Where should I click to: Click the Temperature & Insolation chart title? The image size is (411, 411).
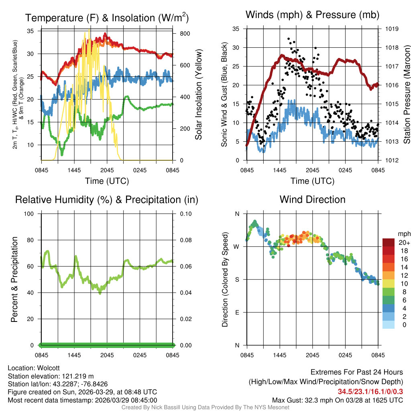(107, 18)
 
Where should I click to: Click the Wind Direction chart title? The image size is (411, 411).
(312, 199)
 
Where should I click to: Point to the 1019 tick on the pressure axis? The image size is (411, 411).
(391, 29)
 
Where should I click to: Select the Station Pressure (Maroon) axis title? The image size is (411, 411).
(407, 94)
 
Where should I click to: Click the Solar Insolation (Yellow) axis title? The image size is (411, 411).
(198, 94)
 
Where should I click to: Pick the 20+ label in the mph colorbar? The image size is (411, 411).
(404, 242)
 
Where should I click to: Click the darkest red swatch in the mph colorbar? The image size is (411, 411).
(388, 242)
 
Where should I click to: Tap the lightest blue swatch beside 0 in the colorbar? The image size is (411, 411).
(388, 325)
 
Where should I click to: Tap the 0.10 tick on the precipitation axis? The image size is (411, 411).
(185, 214)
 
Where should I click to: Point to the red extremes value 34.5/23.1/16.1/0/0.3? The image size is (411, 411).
(370, 391)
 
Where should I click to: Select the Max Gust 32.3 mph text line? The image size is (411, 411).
(337, 400)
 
